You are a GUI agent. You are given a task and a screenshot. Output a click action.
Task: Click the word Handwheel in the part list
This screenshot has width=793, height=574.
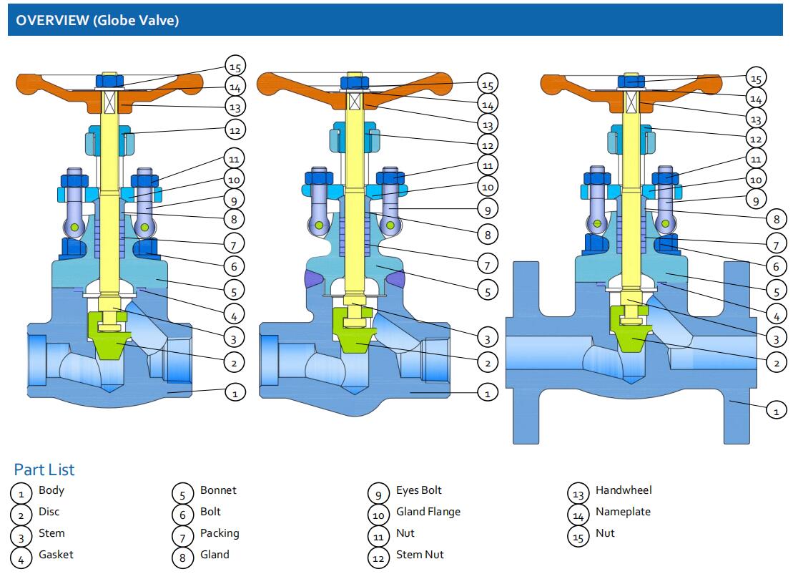coord(624,490)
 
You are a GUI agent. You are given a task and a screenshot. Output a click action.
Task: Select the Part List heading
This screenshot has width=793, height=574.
coord(44,470)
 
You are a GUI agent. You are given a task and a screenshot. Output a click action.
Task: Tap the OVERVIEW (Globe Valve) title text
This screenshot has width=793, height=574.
coord(97,20)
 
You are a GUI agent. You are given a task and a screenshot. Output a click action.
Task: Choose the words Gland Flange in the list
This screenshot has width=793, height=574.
coord(428,512)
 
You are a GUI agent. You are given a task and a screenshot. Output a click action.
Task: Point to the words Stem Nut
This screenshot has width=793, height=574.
coord(420,555)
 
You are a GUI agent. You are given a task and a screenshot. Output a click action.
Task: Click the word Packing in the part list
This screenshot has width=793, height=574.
coord(220,533)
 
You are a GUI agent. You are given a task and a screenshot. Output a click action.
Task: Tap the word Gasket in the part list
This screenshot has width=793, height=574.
coord(56,555)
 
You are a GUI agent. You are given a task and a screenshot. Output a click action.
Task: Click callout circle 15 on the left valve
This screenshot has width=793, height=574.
coord(235,67)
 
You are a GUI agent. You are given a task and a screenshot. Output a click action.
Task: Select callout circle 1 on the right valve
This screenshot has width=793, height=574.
coord(776,411)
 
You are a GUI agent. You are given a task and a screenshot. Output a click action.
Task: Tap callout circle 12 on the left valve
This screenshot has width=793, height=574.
coord(235,130)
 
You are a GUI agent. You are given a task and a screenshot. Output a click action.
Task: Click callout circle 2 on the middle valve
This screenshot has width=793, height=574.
coord(488,364)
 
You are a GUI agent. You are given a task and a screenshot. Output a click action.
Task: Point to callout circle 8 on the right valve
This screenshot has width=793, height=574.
coord(776,219)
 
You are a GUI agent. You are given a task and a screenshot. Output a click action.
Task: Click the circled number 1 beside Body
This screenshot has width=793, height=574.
coord(21,493)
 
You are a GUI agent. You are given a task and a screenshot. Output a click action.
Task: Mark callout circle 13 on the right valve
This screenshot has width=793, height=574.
coord(756,117)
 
